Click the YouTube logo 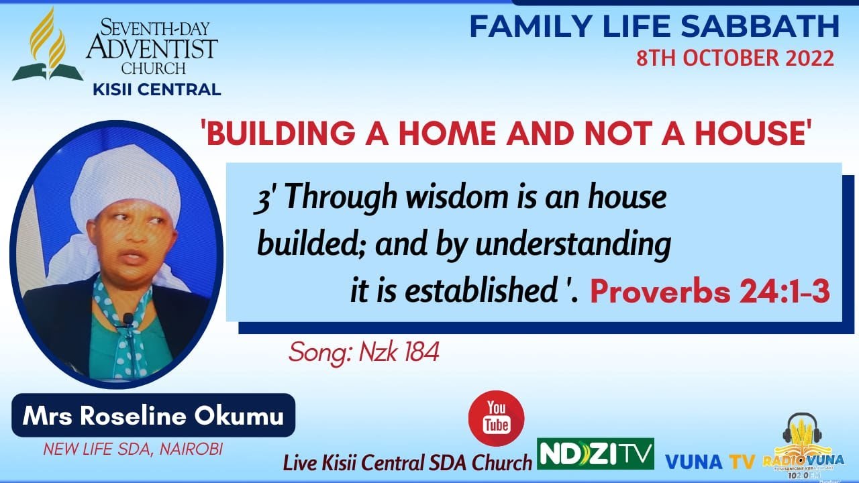[x=497, y=417]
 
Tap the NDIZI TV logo [x=595, y=454]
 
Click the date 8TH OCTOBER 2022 [x=736, y=58]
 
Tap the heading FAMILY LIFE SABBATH [x=654, y=26]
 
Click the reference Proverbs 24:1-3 [x=710, y=292]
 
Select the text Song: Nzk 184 [x=364, y=352]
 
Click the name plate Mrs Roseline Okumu [x=153, y=415]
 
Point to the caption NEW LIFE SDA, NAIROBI [x=132, y=449]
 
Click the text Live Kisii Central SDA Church [x=407, y=462]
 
